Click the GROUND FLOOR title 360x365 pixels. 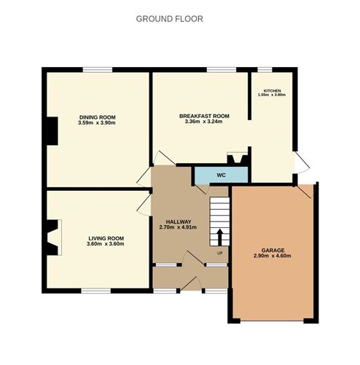(x=169, y=19)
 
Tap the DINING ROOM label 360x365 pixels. (x=98, y=117)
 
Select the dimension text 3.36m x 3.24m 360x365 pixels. (x=203, y=122)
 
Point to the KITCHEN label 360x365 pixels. (x=272, y=91)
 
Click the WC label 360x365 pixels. (x=221, y=175)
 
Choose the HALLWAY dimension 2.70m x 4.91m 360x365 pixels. (x=178, y=227)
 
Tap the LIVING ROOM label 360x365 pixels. (x=106, y=238)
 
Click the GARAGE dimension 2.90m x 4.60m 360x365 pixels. (x=273, y=256)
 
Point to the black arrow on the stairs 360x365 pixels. (x=219, y=238)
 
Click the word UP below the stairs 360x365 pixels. (x=219, y=254)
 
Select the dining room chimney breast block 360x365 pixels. (x=52, y=131)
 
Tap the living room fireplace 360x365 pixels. (x=52, y=238)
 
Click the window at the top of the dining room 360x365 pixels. (x=98, y=70)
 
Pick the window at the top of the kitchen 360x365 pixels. (x=265, y=70)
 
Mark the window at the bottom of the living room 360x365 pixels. (x=96, y=291)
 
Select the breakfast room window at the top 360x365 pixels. (x=222, y=70)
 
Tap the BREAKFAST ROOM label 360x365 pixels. (x=204, y=116)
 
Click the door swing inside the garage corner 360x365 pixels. (x=305, y=191)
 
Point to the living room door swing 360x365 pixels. (x=144, y=205)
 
